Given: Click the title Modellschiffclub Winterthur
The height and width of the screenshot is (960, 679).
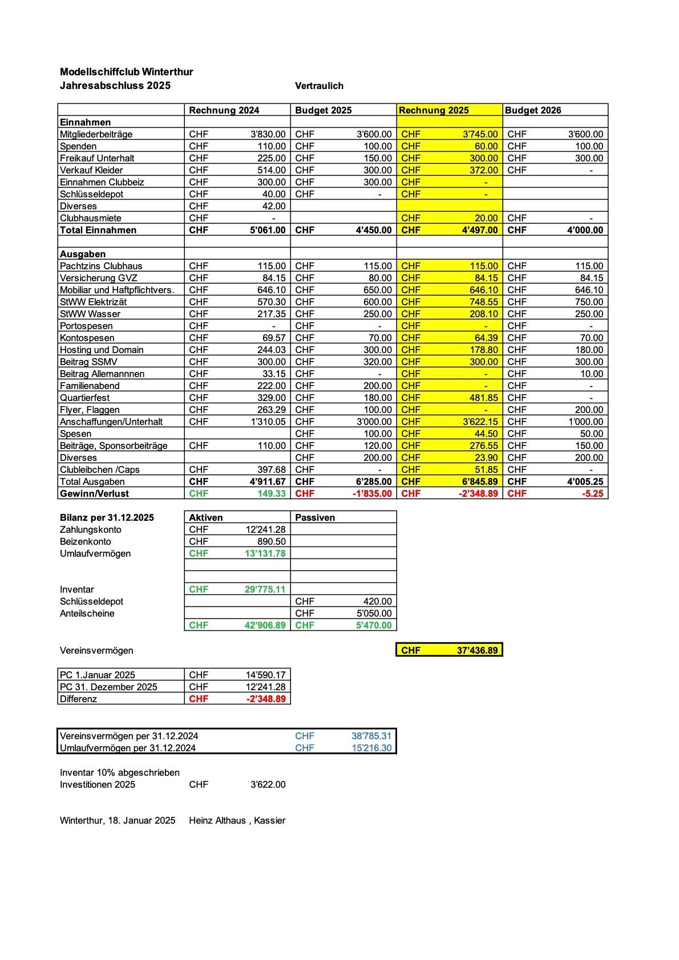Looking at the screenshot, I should pyautogui.click(x=126, y=72).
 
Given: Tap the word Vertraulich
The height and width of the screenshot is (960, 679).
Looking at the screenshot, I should pyautogui.click(x=319, y=86).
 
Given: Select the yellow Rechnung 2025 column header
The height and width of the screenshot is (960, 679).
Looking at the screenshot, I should pyautogui.click(x=434, y=111).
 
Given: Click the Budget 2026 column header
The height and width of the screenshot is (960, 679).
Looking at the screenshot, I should pyautogui.click(x=533, y=111).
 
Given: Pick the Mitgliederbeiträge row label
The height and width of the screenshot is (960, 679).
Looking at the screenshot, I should pyautogui.click(x=96, y=135).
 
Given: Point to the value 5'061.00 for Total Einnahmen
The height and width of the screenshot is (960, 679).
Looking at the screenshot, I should pyautogui.click(x=268, y=230).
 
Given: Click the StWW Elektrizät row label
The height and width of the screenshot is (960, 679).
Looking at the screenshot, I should pyautogui.click(x=93, y=302).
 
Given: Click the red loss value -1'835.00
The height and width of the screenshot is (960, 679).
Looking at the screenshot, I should pyautogui.click(x=372, y=494).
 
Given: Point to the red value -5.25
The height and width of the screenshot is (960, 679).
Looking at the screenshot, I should pyautogui.click(x=592, y=494).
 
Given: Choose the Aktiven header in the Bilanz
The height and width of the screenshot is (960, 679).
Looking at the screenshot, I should pyautogui.click(x=206, y=518).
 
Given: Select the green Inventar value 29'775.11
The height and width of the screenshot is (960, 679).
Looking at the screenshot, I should pyautogui.click(x=265, y=590).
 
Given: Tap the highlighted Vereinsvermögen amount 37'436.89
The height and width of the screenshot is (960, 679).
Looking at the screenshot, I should pyautogui.click(x=477, y=651).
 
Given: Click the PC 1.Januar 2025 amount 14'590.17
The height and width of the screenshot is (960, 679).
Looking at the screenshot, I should pyautogui.click(x=265, y=675).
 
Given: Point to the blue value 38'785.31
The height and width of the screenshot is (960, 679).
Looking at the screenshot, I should pyautogui.click(x=371, y=736).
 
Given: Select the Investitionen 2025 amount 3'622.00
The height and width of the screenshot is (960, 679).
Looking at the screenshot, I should pyautogui.click(x=268, y=785).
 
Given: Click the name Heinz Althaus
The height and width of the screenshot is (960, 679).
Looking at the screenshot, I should pyautogui.click(x=217, y=821).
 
